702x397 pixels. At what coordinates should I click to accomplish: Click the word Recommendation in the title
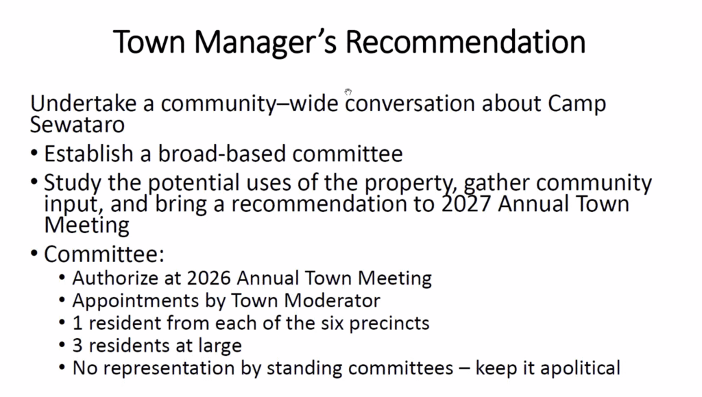(x=465, y=42)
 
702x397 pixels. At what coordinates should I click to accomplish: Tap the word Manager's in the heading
(x=265, y=43)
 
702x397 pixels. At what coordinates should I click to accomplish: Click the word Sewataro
(x=77, y=125)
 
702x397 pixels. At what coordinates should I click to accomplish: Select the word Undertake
(x=83, y=104)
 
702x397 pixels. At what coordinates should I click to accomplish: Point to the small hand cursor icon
(x=348, y=92)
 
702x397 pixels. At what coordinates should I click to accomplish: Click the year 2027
(x=466, y=204)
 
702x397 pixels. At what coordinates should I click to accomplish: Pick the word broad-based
(x=221, y=154)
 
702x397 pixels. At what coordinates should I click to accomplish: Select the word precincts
(x=389, y=324)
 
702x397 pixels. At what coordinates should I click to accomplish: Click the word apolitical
(x=580, y=368)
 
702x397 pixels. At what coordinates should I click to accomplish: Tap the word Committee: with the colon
(x=104, y=254)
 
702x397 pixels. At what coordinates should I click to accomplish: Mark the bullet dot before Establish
(x=34, y=154)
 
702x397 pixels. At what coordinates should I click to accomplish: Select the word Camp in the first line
(x=577, y=104)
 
